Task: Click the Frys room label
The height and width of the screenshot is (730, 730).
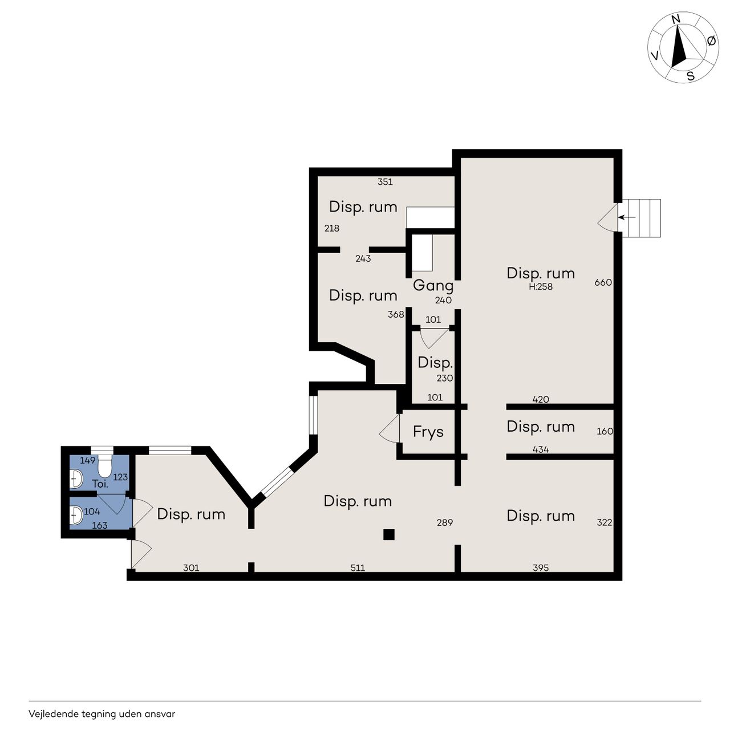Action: [x=428, y=432]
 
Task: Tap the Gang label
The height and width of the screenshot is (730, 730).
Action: [x=433, y=286]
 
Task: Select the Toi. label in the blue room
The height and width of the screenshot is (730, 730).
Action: [x=100, y=484]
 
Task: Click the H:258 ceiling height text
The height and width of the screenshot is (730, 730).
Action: [x=541, y=287]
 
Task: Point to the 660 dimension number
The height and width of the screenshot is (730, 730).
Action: [x=603, y=282]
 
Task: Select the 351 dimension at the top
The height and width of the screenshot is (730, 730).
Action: [x=385, y=182]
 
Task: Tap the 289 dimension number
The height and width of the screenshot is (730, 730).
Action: [x=444, y=522]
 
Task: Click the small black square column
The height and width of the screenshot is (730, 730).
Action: [x=389, y=534]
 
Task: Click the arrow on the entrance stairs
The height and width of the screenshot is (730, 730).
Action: [x=627, y=217]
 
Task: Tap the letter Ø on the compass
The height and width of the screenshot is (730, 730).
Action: [x=711, y=40]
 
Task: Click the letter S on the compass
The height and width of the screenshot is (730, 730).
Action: [x=691, y=76]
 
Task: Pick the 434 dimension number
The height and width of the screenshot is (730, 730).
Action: [x=541, y=449]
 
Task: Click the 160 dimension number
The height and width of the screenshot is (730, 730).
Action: [x=605, y=431]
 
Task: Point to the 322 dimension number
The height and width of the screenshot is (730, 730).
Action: [x=604, y=522]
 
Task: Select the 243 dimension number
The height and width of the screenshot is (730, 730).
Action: [x=363, y=259]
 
